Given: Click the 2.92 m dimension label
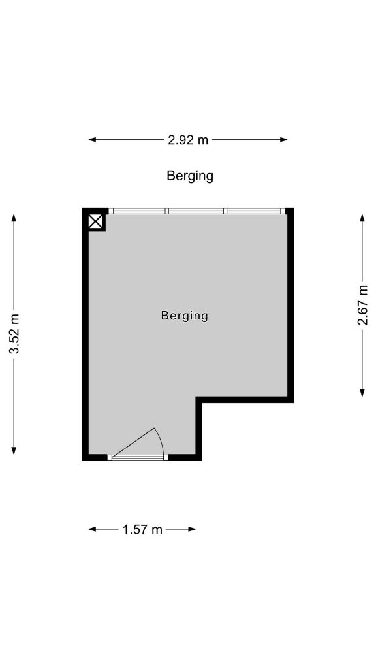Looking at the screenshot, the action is coord(188,140).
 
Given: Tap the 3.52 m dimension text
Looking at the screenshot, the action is coord(14,333).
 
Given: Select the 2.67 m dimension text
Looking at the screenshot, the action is coord(362,304).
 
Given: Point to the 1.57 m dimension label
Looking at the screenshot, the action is coord(142,529).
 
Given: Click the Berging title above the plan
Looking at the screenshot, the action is coord(190,176).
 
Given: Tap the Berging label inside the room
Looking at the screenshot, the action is coord(185,316).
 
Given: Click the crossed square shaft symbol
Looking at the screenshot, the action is coord(96,222).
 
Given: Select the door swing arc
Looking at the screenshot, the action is coord(160,442).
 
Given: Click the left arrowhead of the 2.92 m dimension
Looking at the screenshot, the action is coord(92,140).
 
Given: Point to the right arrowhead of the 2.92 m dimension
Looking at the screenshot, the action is coord(283,140).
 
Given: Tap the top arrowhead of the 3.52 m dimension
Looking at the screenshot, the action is coord(14,218).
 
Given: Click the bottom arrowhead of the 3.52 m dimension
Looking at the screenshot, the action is coord(14,451).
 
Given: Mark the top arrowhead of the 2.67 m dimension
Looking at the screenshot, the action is coord(362,218).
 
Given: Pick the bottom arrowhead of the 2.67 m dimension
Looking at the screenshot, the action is coord(362,393).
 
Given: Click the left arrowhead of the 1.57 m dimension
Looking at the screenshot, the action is coord(92,529).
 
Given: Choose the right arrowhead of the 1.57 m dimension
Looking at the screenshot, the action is coord(192,529).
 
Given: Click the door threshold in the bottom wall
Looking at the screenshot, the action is coord(138,458).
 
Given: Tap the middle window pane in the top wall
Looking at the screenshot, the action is coord(196,211).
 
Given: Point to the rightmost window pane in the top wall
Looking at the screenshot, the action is coord(254,211).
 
